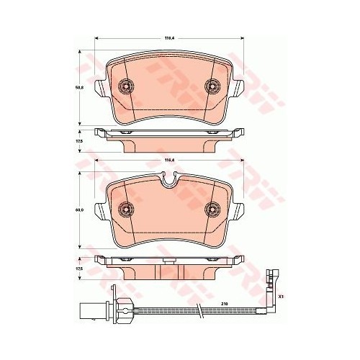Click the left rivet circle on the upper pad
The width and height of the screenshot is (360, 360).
pyautogui.click(x=126, y=86)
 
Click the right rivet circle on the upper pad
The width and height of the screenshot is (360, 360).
pyautogui.click(x=215, y=86)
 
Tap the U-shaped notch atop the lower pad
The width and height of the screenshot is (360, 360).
pyautogui.click(x=170, y=182)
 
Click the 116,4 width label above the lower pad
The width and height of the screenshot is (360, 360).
pyautogui.click(x=170, y=160)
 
